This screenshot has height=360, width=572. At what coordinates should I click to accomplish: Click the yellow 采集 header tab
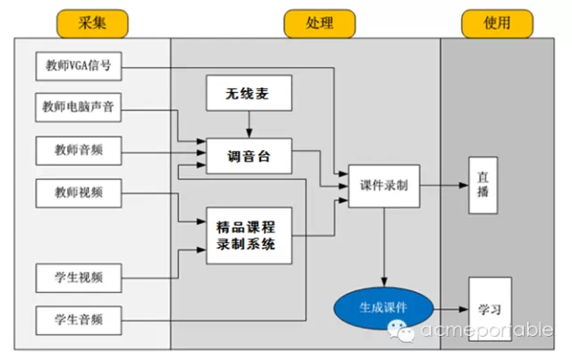92,24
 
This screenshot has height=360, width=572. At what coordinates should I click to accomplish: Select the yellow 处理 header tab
320,24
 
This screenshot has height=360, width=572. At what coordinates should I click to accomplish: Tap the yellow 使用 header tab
497,24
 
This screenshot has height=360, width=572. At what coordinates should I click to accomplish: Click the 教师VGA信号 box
79,66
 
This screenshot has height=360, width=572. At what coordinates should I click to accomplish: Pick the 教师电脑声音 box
79,107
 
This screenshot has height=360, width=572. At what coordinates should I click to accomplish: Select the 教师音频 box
79,151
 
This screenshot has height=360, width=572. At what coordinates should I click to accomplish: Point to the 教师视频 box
79,193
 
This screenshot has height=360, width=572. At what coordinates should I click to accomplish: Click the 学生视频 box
79,278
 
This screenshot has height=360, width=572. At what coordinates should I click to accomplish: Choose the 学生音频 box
79,321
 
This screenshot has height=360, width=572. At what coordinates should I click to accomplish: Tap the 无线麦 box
248,93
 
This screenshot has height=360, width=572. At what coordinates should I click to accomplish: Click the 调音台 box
248,155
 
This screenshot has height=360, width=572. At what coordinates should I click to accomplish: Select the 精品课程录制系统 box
248,236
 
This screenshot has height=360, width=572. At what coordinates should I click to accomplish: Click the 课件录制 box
383,186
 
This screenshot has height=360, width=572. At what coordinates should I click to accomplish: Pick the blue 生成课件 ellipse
383,308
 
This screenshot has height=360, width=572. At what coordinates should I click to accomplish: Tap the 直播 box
483,185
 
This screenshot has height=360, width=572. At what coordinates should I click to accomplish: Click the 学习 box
490,309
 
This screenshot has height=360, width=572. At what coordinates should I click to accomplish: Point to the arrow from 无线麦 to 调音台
249,124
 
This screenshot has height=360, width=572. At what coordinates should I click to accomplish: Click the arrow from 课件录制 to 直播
444,185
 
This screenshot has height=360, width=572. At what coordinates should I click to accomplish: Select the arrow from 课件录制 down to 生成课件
383,247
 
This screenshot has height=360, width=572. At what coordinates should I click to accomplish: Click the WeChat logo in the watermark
401,331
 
